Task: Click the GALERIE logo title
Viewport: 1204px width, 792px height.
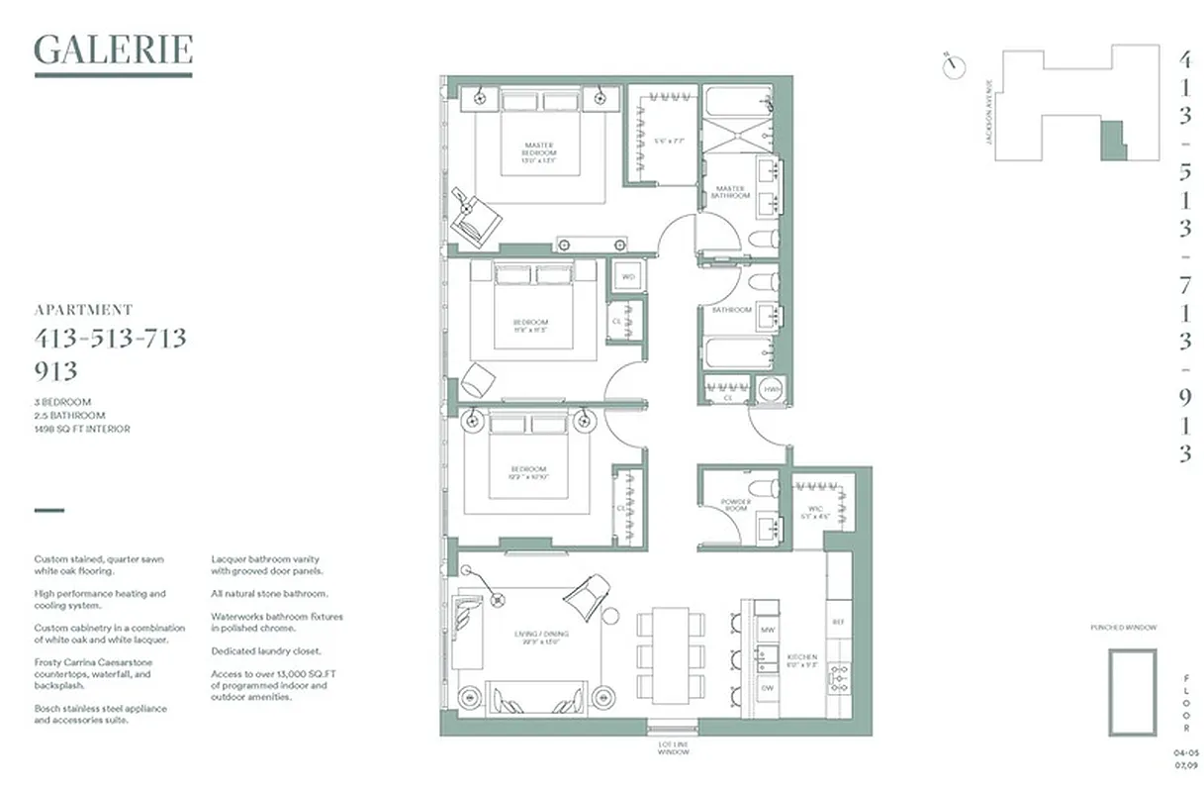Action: coord(113,49)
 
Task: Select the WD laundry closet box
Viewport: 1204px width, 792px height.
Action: coord(627,277)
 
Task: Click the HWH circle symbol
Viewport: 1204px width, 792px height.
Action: coord(772,391)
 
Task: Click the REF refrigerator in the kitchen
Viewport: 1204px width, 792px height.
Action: coord(838,622)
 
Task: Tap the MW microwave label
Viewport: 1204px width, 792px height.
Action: coord(767,630)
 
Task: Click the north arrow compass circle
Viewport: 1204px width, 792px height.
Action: coord(954,65)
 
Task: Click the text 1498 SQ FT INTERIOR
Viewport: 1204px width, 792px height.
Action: coord(82,429)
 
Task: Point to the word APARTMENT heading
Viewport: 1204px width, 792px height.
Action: coord(83,310)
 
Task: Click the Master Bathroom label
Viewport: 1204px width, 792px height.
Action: coord(730,192)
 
